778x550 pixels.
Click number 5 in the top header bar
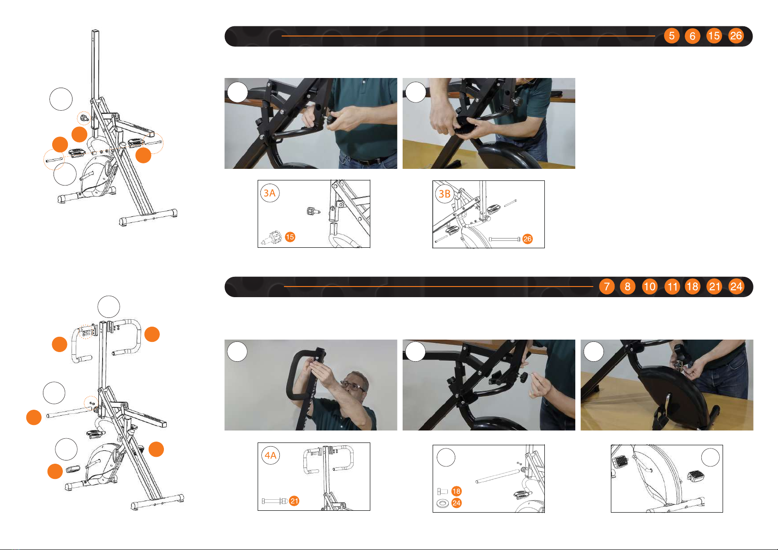point(671,36)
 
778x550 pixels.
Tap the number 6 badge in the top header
point(692,36)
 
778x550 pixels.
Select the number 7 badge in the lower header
point(607,287)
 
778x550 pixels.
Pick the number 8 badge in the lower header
point(627,287)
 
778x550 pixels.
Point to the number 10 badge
point(650,287)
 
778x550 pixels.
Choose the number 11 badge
point(672,287)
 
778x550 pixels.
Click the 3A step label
point(270,193)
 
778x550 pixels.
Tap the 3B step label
point(445,194)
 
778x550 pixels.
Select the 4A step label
point(270,455)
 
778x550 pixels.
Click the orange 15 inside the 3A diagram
point(289,237)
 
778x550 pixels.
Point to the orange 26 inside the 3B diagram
point(527,239)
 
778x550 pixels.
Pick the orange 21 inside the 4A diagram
point(294,501)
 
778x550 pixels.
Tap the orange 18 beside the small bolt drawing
point(456,491)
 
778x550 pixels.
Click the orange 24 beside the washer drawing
point(456,503)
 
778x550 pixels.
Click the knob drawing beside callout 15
point(272,238)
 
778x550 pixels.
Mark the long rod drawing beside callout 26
point(504,239)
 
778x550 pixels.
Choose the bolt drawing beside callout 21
point(274,501)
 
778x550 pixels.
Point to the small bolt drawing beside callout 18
point(442,491)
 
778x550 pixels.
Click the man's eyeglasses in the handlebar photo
point(351,386)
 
